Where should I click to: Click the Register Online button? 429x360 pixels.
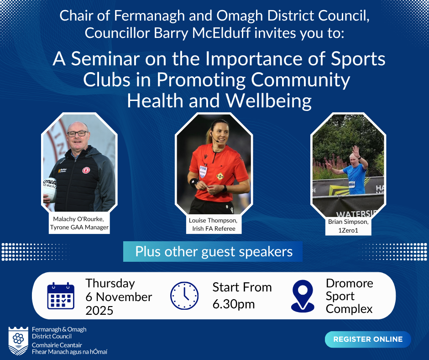[x=368, y=339]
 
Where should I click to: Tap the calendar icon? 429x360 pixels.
[x=61, y=296]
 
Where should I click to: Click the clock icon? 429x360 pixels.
[x=184, y=296]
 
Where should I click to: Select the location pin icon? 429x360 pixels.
[x=303, y=296]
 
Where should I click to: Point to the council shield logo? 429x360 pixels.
[x=18, y=341]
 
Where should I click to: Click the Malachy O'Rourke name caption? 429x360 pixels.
[x=79, y=223]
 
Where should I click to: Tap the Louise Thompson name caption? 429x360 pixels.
[x=214, y=224]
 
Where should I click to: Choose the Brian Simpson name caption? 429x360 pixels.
[x=348, y=226]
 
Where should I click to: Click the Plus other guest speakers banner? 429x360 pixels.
[x=213, y=252]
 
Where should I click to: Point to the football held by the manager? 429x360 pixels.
[x=49, y=190]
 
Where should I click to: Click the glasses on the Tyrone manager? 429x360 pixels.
[x=78, y=134]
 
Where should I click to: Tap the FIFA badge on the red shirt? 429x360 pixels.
[x=203, y=171]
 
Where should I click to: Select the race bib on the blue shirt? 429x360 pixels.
[x=351, y=185]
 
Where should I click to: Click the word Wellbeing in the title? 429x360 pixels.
[x=269, y=101]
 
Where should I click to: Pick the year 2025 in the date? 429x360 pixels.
[x=99, y=310]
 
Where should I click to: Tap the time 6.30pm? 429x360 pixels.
[x=234, y=304]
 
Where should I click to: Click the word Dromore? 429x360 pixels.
[x=350, y=283]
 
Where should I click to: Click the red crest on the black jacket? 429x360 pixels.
[x=86, y=170]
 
